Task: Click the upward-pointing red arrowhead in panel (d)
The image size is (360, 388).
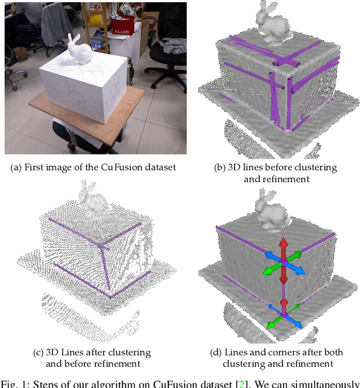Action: click(x=284, y=242)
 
